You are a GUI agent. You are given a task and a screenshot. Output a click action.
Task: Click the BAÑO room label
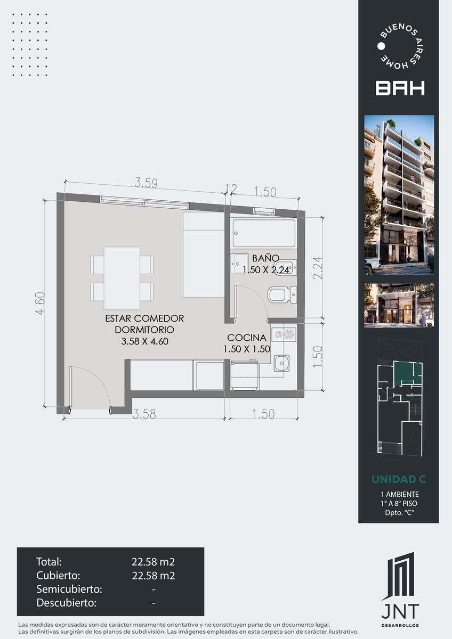pos(265,258)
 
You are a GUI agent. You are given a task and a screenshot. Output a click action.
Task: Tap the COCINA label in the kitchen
pos(247,338)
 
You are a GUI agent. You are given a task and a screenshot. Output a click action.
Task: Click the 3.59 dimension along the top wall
pos(146,183)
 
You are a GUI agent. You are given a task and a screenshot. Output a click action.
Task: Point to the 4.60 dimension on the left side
pos(41,303)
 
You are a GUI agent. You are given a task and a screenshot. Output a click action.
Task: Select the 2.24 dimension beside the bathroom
pos(318,268)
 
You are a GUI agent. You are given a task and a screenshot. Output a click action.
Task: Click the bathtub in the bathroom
pos(264,233)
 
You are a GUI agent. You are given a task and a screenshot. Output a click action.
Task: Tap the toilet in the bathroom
pos(282,294)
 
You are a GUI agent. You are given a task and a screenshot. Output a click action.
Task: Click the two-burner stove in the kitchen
pos(284,334)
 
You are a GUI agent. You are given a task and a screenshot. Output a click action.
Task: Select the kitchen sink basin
pos(281,363)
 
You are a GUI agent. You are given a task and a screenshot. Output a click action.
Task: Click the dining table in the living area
pos(122,278)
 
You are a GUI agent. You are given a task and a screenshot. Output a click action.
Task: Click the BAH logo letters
pos(400,88)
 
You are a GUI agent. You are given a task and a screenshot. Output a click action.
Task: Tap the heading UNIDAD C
pos(399,479)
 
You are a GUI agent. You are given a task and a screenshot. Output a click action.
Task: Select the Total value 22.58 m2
pos(153,562)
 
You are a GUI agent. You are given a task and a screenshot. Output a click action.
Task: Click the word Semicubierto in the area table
pos(69,589)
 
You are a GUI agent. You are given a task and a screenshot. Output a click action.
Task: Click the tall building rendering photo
pos(399,195)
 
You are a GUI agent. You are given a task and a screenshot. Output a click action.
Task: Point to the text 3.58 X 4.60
pos(144,341)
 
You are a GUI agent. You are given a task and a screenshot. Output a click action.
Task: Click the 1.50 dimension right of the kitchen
pos(318,357)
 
